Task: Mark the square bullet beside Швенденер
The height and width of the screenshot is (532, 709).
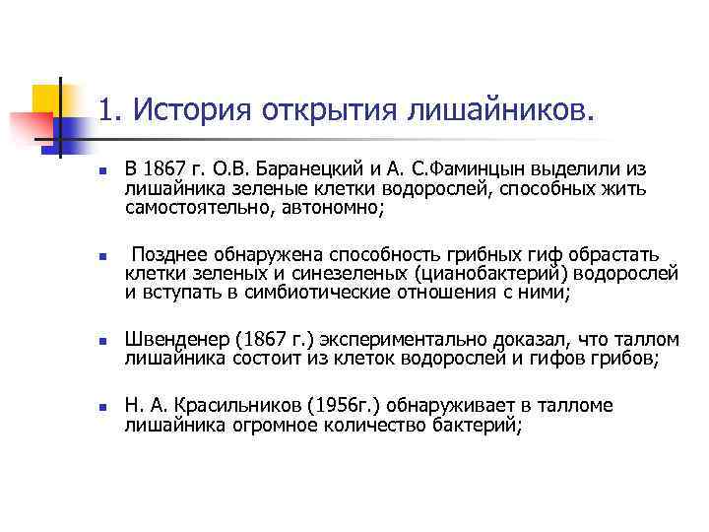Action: (101, 341)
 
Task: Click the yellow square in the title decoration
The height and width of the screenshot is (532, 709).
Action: (47, 100)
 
